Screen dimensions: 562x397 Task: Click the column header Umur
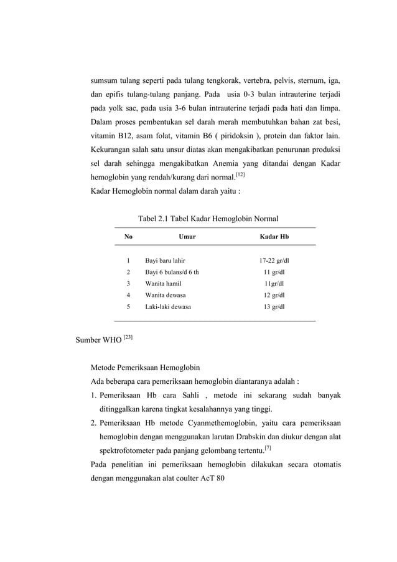pyautogui.click(x=187, y=237)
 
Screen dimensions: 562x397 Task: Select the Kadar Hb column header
pyautogui.click(x=274, y=237)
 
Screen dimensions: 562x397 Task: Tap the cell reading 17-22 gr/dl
pyautogui.click(x=274, y=260)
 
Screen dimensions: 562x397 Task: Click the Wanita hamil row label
pyautogui.click(x=163, y=283)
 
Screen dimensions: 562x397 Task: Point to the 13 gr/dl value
pyautogui.click(x=274, y=307)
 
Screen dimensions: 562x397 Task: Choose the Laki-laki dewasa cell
pyautogui.click(x=168, y=307)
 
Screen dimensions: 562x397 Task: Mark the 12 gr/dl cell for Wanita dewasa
pyautogui.click(x=274, y=295)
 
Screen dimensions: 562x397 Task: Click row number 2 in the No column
pyautogui.click(x=128, y=272)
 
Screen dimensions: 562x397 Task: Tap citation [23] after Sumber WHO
pyautogui.click(x=127, y=338)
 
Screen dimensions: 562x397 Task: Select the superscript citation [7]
pyautogui.click(x=268, y=447)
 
